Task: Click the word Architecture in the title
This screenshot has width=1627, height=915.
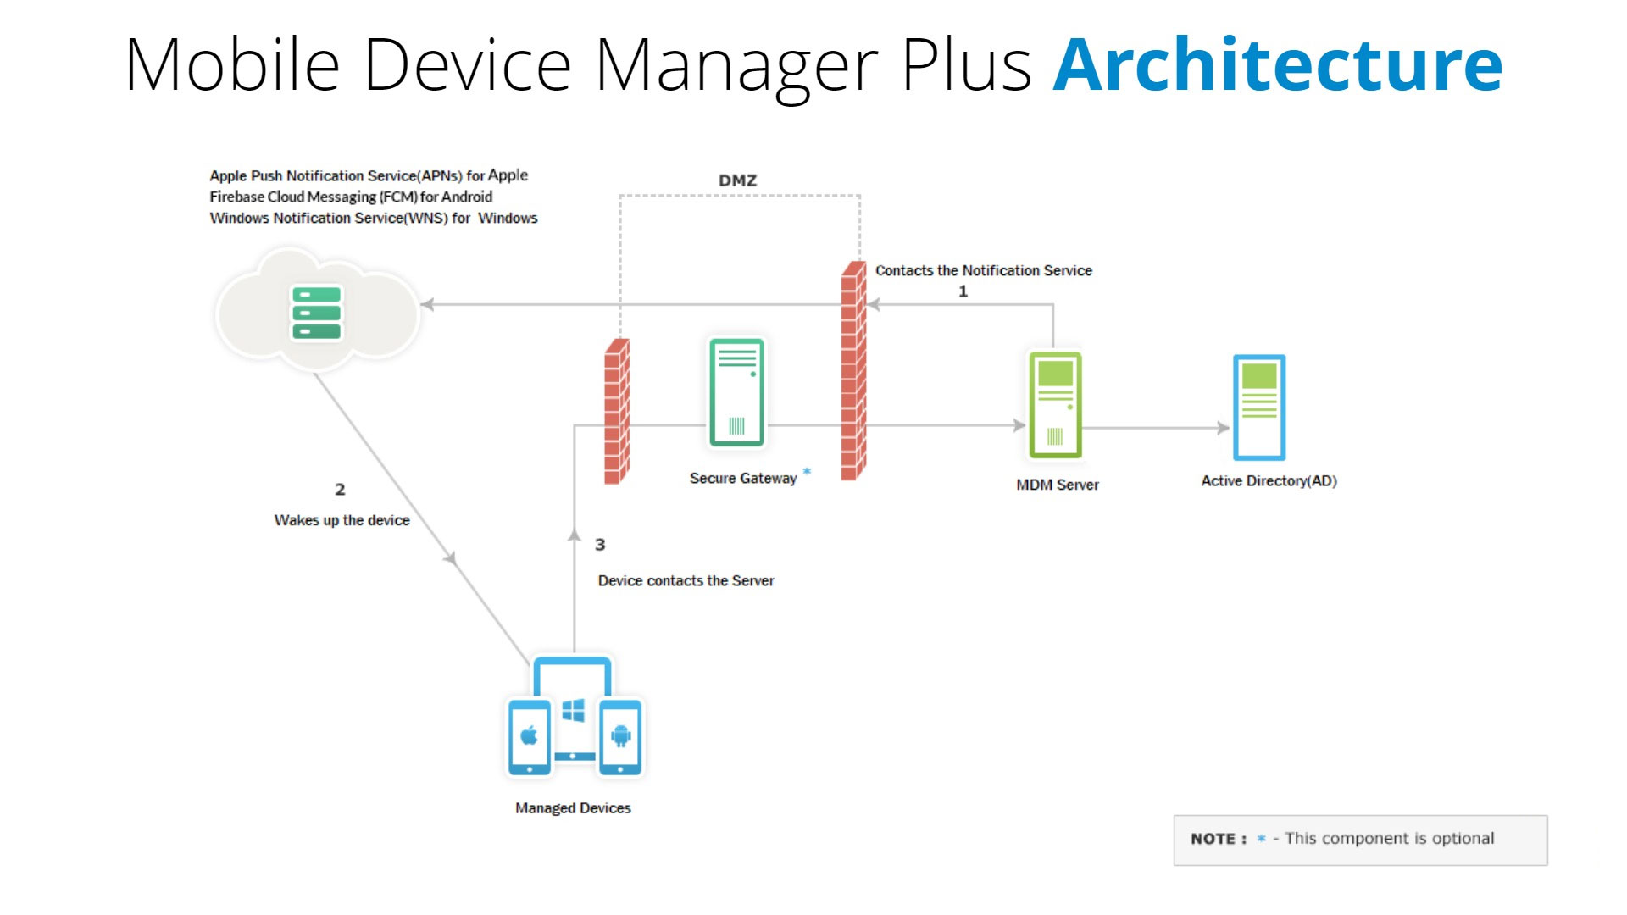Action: [x=1278, y=65]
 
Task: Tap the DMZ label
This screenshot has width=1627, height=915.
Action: [x=737, y=180]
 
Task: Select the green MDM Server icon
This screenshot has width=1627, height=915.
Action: [x=1055, y=405]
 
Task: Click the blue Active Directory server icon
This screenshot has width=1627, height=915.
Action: [x=1259, y=408]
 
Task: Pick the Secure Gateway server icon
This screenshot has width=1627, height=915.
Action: [x=736, y=392]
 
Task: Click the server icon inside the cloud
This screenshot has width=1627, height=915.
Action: [x=317, y=313]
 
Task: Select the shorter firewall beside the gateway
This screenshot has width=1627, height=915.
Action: [x=617, y=412]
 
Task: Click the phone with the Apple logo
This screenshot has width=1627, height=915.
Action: [x=530, y=736]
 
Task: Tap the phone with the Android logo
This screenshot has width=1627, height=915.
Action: [x=620, y=736]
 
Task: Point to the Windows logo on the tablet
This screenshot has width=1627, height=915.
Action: [x=574, y=711]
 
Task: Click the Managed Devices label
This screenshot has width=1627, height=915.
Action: [x=573, y=808]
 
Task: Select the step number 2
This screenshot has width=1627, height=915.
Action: [x=340, y=490]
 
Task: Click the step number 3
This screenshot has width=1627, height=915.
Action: [x=600, y=545]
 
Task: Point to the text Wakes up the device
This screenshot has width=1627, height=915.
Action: [x=342, y=520]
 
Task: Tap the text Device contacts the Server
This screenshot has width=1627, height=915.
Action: [x=686, y=581]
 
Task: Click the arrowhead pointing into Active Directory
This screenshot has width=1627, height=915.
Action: [x=1223, y=428]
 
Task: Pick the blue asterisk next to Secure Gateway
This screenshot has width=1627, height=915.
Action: [x=807, y=472]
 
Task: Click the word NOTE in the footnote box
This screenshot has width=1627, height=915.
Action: [x=1213, y=839]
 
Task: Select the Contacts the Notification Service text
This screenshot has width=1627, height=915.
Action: [x=983, y=270]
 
